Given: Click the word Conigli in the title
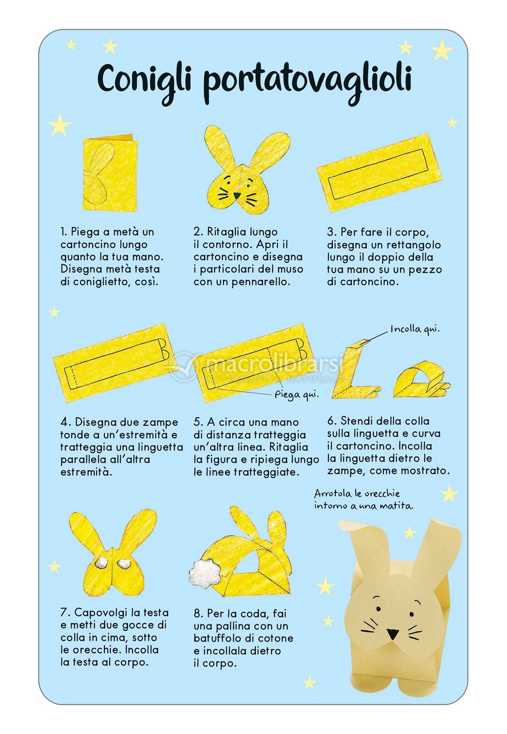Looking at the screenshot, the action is click(x=144, y=80).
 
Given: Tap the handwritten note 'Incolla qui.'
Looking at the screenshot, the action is click(x=414, y=329).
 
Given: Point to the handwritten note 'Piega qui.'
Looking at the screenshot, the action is click(x=296, y=394).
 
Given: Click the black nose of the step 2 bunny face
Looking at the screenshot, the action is click(x=237, y=195).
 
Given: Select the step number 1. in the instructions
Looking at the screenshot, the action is click(x=64, y=232).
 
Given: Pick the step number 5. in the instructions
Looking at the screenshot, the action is click(x=198, y=422).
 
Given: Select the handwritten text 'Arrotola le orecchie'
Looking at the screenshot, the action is click(x=357, y=494).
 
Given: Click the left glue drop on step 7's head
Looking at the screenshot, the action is click(x=101, y=562).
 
